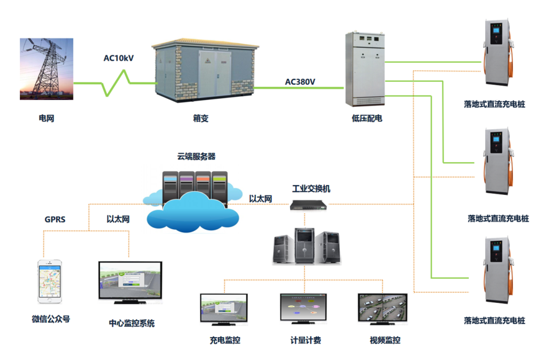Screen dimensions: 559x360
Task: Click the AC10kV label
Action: click(119, 58)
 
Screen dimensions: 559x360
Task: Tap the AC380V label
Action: click(300, 82)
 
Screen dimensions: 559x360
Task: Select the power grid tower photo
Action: click(47, 69)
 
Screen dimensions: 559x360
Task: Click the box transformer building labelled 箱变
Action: click(205, 70)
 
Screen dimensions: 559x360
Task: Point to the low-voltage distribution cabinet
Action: click(365, 69)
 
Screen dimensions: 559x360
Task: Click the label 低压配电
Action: click(367, 119)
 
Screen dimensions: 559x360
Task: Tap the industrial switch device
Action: click(308, 205)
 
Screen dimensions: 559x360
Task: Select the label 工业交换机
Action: click(311, 189)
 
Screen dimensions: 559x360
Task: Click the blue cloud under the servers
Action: click(193, 212)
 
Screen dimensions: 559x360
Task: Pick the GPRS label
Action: click(55, 219)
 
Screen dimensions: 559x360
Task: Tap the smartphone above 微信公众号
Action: click(50, 282)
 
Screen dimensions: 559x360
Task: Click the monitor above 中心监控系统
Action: click(130, 282)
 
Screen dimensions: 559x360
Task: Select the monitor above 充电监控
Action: click(224, 309)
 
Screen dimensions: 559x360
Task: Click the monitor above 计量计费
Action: click(303, 308)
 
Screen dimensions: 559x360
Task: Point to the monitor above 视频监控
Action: click(383, 309)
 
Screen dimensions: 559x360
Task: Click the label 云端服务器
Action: click(196, 156)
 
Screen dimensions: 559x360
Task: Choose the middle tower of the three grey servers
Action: click(304, 246)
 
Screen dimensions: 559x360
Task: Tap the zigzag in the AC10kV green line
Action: click(116, 83)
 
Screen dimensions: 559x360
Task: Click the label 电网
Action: click(47, 119)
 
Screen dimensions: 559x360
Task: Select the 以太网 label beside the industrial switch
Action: click(261, 199)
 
